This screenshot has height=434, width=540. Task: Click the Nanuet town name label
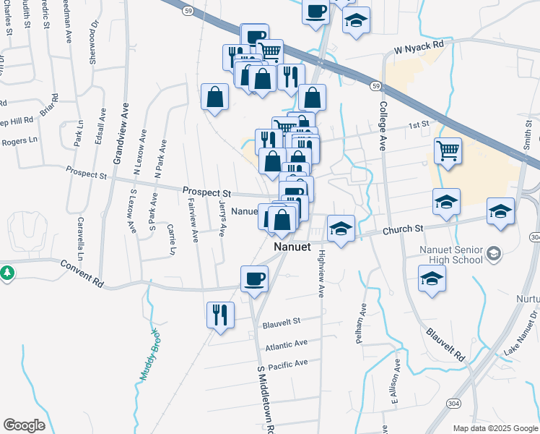coord(292,247)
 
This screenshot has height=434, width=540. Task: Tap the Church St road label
coord(403,229)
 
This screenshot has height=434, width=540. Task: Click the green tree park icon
coord(7,273)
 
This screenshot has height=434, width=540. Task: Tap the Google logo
coord(25,425)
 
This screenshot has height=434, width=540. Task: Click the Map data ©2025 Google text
coord(495,428)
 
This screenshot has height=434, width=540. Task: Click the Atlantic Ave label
coord(286,345)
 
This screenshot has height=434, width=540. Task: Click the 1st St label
coord(419,125)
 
